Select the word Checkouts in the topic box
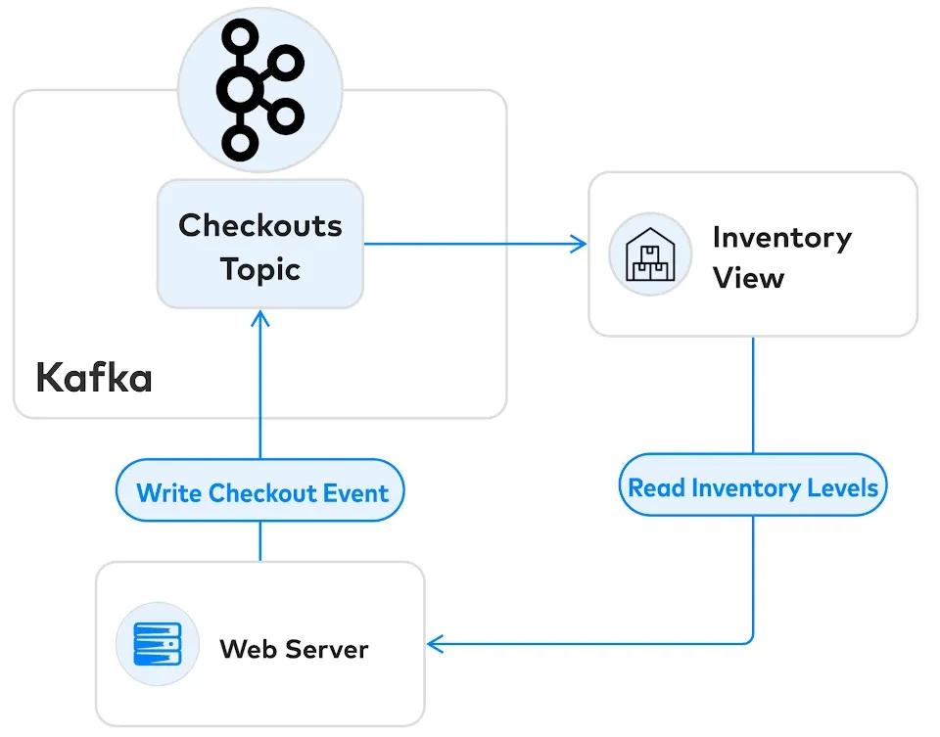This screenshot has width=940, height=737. tap(260, 225)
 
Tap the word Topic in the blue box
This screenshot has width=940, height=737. tap(260, 268)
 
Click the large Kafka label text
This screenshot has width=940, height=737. tap(94, 378)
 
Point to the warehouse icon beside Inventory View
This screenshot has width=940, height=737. tap(650, 254)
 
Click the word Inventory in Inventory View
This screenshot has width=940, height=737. tap(781, 237)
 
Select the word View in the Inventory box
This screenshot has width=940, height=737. tap(748, 278)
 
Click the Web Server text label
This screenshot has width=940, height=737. tap(294, 648)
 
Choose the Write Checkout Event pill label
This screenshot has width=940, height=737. tap(260, 492)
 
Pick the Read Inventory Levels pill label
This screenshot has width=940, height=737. tap(752, 486)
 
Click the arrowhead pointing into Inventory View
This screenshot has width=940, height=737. tap(580, 244)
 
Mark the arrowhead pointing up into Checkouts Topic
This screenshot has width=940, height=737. tap(260, 318)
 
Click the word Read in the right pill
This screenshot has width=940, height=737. tap(655, 486)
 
